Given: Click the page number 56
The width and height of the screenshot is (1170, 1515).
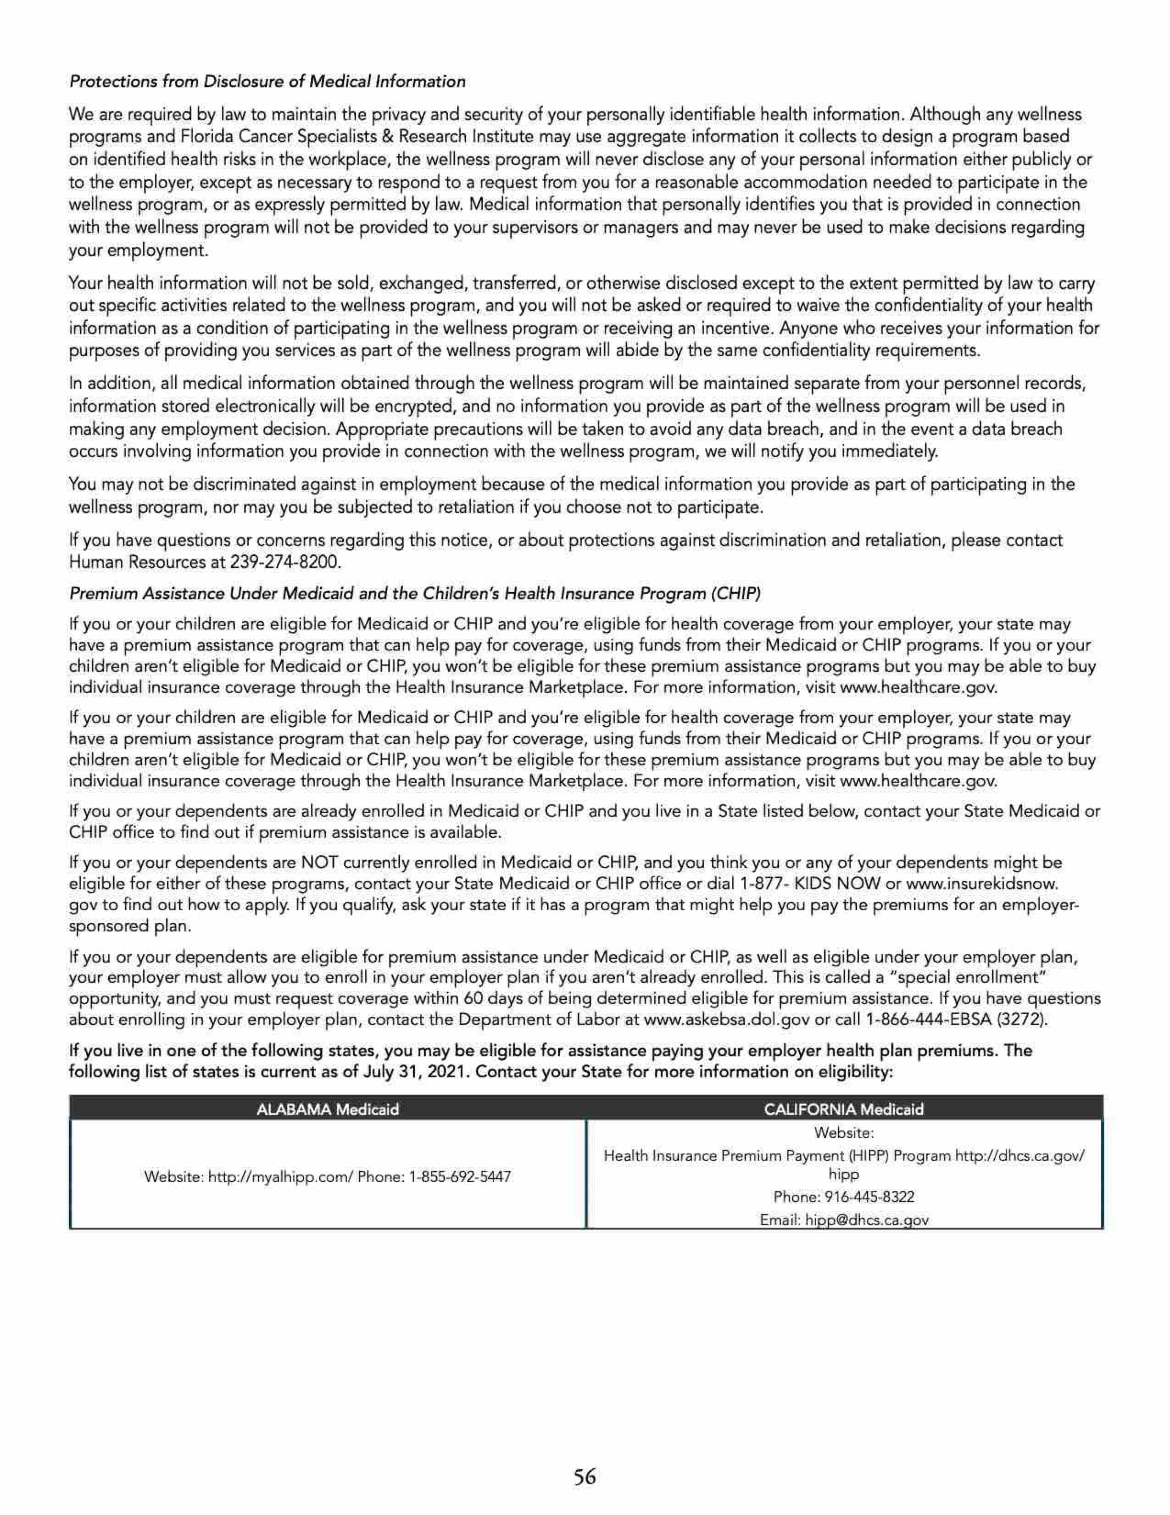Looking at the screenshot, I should [585, 1476].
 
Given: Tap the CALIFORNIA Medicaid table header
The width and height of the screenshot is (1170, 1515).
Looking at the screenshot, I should [843, 1109].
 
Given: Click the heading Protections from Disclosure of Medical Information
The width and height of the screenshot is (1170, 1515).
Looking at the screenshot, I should [267, 82].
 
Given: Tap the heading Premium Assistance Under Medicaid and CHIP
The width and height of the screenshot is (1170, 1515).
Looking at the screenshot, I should [415, 594].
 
